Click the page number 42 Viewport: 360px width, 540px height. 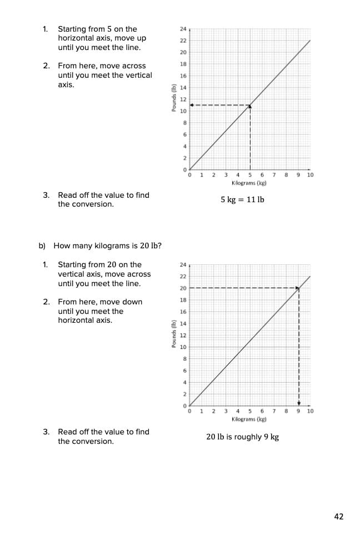[x=339, y=517]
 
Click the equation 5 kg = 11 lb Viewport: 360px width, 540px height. [x=242, y=199]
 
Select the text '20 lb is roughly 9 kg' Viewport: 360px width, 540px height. [x=242, y=437]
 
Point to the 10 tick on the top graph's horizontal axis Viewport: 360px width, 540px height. [x=310, y=175]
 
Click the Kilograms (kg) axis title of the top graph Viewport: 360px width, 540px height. [x=249, y=183]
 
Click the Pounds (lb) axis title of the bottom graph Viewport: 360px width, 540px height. [x=174, y=334]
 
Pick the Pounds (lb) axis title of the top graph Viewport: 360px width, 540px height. [x=174, y=99]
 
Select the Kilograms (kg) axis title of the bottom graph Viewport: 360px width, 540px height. [x=249, y=419]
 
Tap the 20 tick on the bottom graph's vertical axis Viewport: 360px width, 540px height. [x=183, y=288]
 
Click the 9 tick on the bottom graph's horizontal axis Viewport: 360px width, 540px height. [x=298, y=412]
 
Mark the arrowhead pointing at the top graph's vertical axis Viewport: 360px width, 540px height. [x=192, y=105]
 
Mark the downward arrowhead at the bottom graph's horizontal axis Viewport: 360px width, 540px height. [x=298, y=403]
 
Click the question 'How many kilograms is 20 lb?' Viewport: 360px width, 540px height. [x=107, y=246]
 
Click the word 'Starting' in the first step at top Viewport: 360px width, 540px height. [x=73, y=29]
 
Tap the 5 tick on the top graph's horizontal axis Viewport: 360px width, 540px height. [x=250, y=175]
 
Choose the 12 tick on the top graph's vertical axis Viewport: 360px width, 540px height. [x=183, y=99]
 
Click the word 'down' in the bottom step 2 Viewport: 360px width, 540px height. [x=132, y=302]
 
